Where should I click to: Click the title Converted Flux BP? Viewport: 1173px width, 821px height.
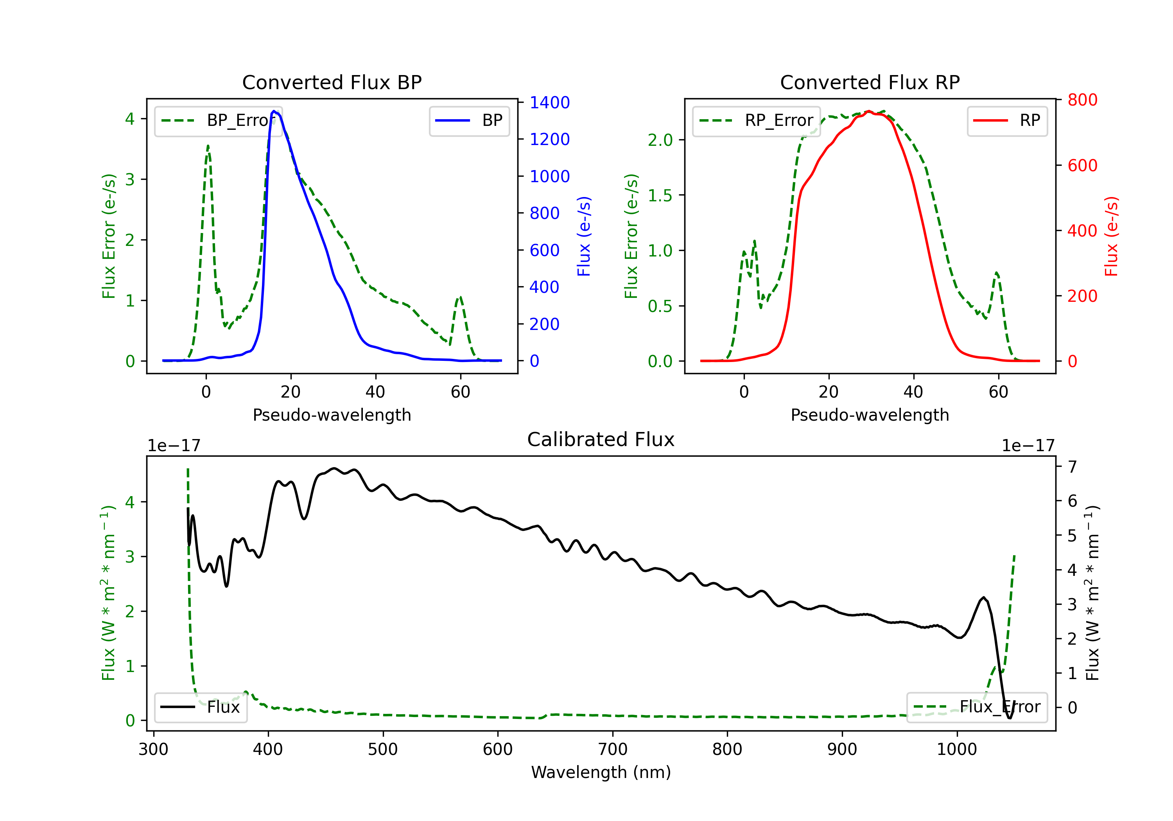[x=332, y=82]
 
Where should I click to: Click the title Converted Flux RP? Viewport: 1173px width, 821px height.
[x=870, y=82]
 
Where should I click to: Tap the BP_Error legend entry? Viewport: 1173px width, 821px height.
[x=218, y=120]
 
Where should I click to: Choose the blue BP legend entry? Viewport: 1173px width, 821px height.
[x=469, y=120]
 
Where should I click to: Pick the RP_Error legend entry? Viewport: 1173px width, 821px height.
[x=756, y=120]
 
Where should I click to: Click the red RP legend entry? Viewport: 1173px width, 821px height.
[x=1007, y=120]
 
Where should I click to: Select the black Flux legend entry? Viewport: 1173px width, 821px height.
[x=200, y=707]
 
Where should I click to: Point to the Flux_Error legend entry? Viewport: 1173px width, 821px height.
[x=977, y=707]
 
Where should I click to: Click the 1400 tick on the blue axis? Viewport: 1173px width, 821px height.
[x=549, y=103]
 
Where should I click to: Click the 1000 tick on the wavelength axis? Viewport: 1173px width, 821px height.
[x=956, y=749]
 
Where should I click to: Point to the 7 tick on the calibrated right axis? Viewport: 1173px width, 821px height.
[x=1073, y=466]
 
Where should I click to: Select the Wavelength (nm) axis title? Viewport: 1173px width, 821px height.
[x=601, y=773]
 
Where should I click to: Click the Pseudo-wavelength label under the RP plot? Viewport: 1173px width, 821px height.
[x=870, y=415]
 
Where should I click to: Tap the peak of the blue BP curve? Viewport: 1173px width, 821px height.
[x=274, y=111]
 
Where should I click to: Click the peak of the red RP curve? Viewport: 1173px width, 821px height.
[x=868, y=111]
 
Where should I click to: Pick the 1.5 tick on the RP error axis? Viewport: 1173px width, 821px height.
[x=660, y=195]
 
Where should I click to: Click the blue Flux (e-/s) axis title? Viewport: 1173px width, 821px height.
[x=584, y=237]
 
